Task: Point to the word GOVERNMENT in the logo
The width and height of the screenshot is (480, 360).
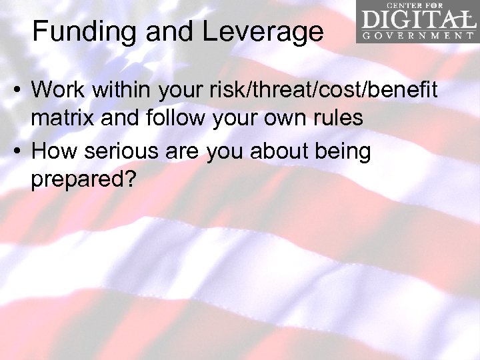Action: click(417, 37)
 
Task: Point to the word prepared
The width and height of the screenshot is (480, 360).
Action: click(75, 182)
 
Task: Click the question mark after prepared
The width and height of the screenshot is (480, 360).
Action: click(128, 180)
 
